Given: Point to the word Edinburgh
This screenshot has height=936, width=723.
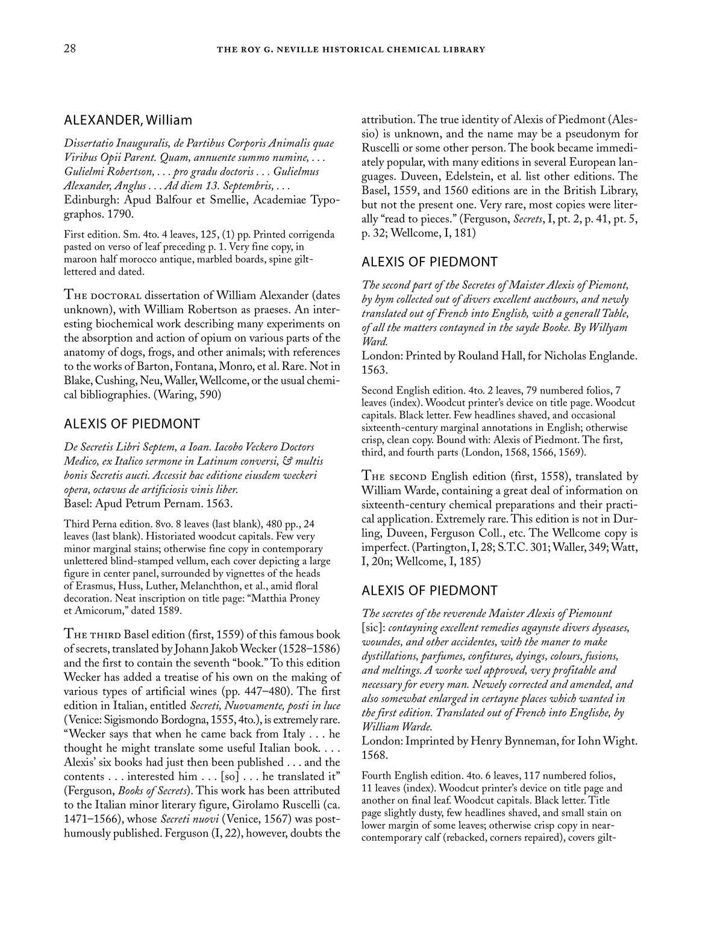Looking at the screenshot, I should [90, 199].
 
